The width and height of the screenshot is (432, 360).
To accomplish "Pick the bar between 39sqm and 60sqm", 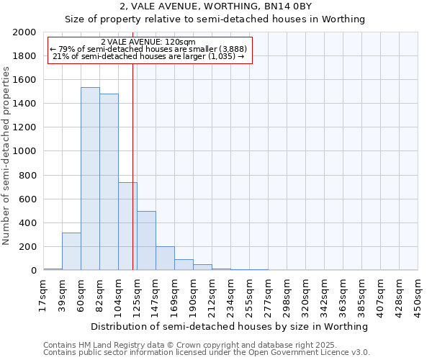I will click(x=71, y=251).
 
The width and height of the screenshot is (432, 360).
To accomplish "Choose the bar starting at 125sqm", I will click(x=146, y=240).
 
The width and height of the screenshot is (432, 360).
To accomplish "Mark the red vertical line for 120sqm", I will click(x=133, y=166).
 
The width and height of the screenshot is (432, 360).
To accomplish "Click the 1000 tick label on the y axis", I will click(x=24, y=152).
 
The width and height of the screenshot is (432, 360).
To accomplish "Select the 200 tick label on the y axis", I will click(x=27, y=247).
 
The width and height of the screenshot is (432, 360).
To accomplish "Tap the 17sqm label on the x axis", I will click(x=43, y=295).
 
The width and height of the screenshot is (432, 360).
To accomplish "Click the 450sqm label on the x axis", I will click(x=418, y=295).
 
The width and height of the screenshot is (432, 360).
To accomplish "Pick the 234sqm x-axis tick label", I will click(x=230, y=295).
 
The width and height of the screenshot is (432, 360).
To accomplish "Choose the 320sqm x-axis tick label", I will click(x=305, y=295).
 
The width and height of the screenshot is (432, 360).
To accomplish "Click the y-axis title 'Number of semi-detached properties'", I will click(x=6, y=156).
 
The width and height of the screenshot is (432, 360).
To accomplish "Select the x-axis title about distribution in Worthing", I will click(x=230, y=326).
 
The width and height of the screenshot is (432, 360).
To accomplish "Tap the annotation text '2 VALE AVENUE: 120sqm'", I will click(x=148, y=42).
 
